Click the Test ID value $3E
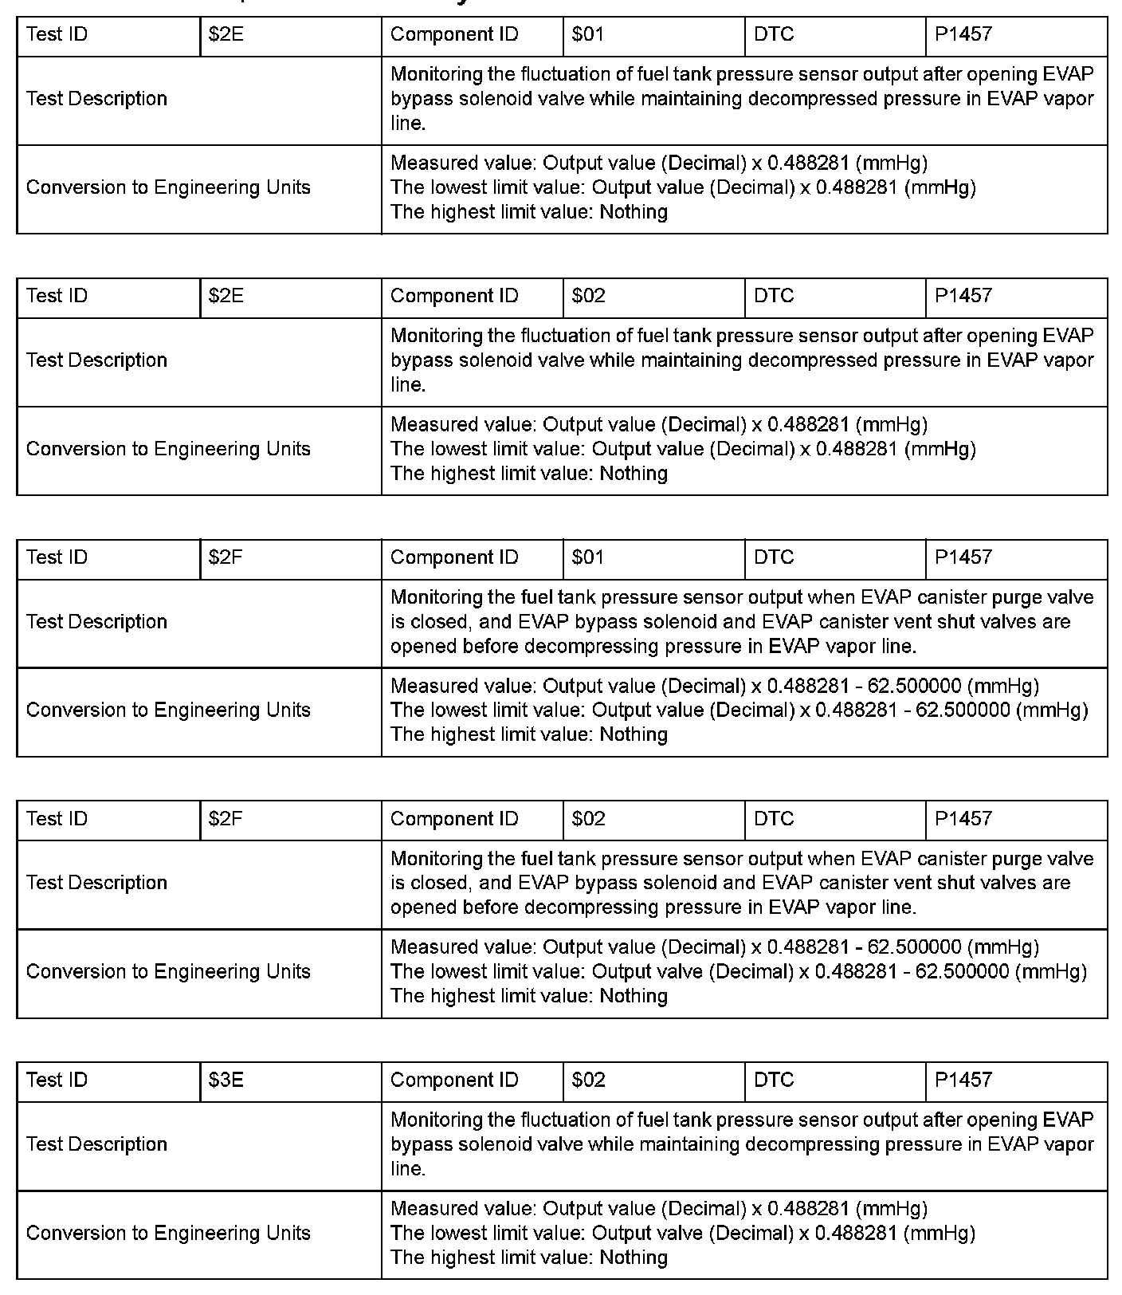[226, 1080]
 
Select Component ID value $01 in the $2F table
[588, 557]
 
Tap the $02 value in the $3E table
[588, 1080]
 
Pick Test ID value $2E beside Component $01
[226, 34]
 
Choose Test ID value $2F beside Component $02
[226, 819]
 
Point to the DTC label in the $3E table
[774, 1080]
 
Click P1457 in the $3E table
[963, 1080]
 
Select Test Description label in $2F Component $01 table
[96, 622]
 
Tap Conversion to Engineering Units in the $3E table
[168, 1233]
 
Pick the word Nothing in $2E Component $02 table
[634, 474]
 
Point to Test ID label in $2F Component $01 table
[57, 557]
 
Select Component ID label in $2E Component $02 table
[454, 296]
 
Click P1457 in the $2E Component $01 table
[963, 34]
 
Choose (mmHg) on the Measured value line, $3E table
[892, 1209]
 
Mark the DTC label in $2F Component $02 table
[774, 819]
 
